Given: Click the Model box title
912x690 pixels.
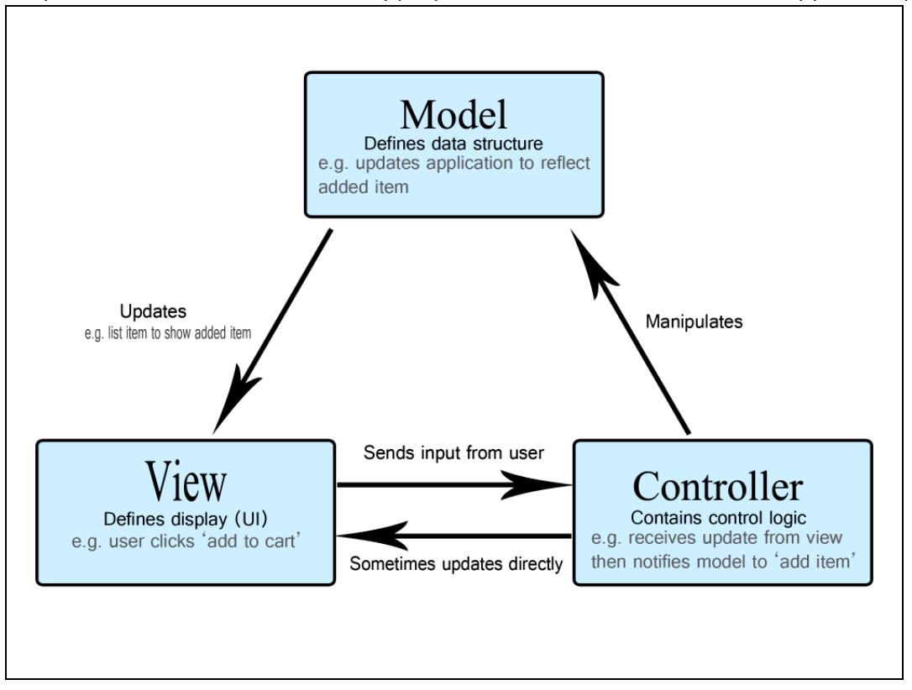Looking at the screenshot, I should [453, 113].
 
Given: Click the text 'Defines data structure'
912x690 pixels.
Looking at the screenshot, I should [453, 143].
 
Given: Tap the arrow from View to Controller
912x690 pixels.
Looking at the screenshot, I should [453, 484].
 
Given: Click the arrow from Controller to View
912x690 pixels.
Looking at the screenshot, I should [453, 535].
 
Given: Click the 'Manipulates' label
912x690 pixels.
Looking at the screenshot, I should [694, 322].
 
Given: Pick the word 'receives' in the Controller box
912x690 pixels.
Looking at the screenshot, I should [656, 538].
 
